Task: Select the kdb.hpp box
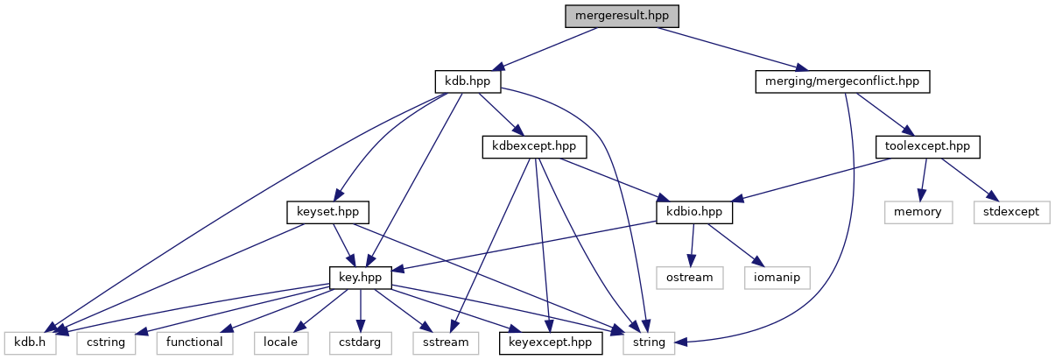(x=468, y=81)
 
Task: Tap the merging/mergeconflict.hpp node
(x=841, y=81)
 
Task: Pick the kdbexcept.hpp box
(x=534, y=146)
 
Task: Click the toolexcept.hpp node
(x=927, y=146)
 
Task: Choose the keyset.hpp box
(x=328, y=212)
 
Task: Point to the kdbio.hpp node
(x=694, y=212)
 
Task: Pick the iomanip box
(x=776, y=277)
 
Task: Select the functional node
(x=195, y=342)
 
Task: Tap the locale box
(x=282, y=342)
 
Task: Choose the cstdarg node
(x=355, y=342)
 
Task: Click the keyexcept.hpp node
(x=551, y=342)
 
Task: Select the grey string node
(x=649, y=342)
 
